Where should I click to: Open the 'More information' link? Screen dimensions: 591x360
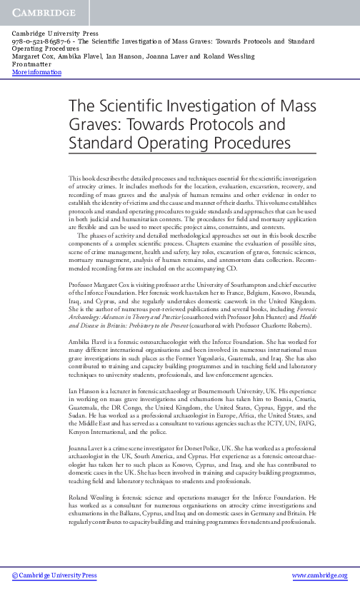coord(37,72)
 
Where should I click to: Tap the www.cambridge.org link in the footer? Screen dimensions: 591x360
coord(320,575)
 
